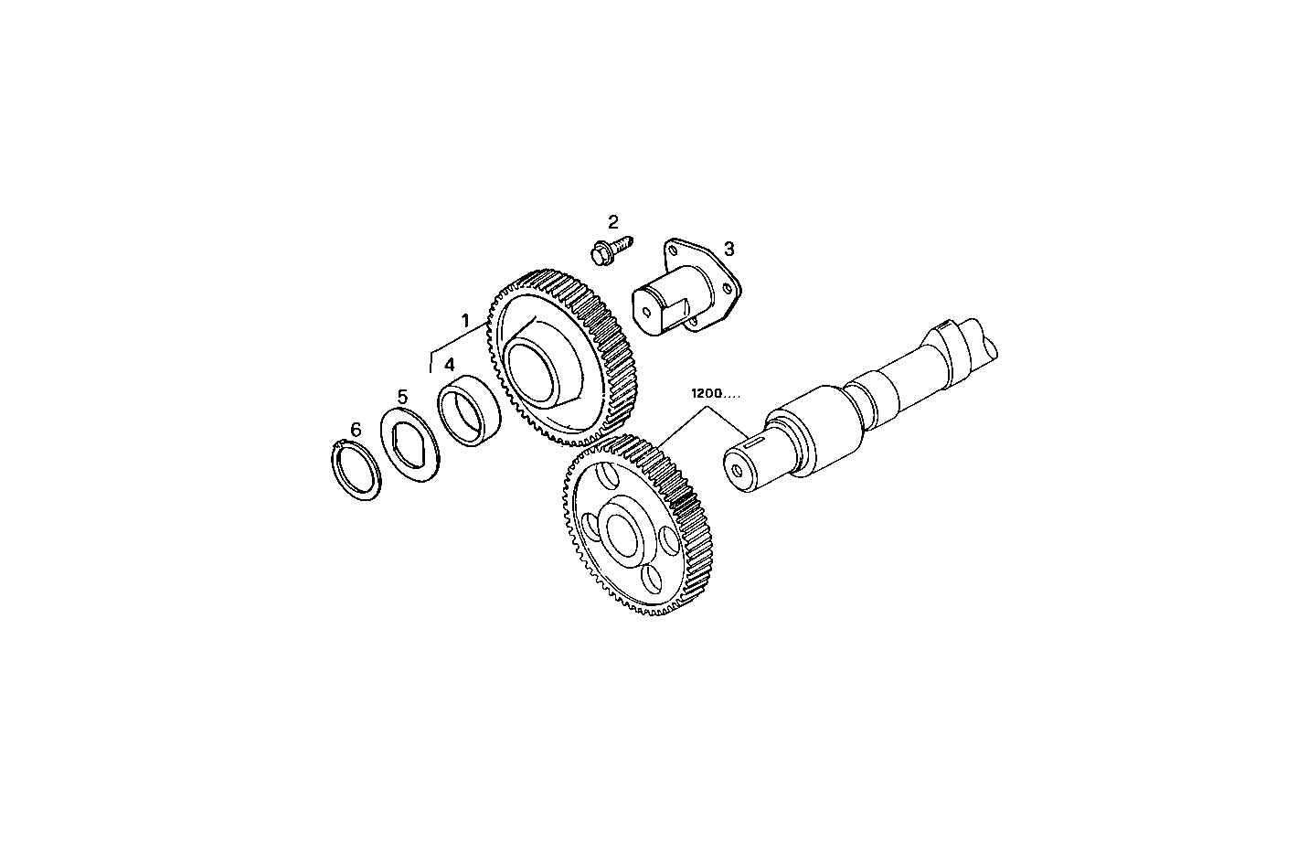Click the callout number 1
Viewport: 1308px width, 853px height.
tap(465, 321)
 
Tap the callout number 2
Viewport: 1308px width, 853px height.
tap(613, 221)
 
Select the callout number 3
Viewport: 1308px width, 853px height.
tap(728, 248)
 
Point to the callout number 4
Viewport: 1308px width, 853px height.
tap(449, 365)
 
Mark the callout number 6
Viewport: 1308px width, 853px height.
tap(356, 429)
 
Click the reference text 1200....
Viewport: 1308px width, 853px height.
tap(706, 393)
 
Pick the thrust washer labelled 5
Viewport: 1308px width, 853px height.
tap(411, 448)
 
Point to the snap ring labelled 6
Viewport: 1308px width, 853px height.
tap(356, 470)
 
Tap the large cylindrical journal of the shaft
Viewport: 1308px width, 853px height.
tap(818, 430)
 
